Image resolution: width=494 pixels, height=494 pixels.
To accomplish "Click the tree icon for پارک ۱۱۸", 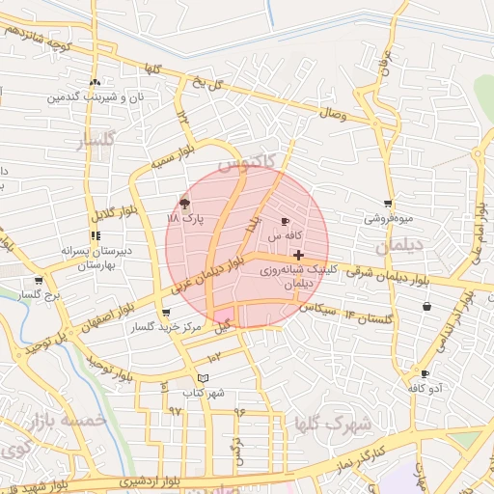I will pos(184,203).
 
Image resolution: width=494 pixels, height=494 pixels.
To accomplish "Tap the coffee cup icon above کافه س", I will pos(285,222).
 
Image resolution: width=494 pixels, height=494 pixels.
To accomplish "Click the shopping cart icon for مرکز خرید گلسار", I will pos(166,313).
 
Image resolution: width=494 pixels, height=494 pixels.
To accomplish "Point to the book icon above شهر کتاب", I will pos(202,377).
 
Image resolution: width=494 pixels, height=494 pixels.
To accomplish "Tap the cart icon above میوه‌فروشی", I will pos(388,204).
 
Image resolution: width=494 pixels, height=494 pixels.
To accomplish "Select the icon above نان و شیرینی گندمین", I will pos(95,83).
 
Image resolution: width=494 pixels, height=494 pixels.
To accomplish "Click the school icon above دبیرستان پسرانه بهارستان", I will pos(96,235).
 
